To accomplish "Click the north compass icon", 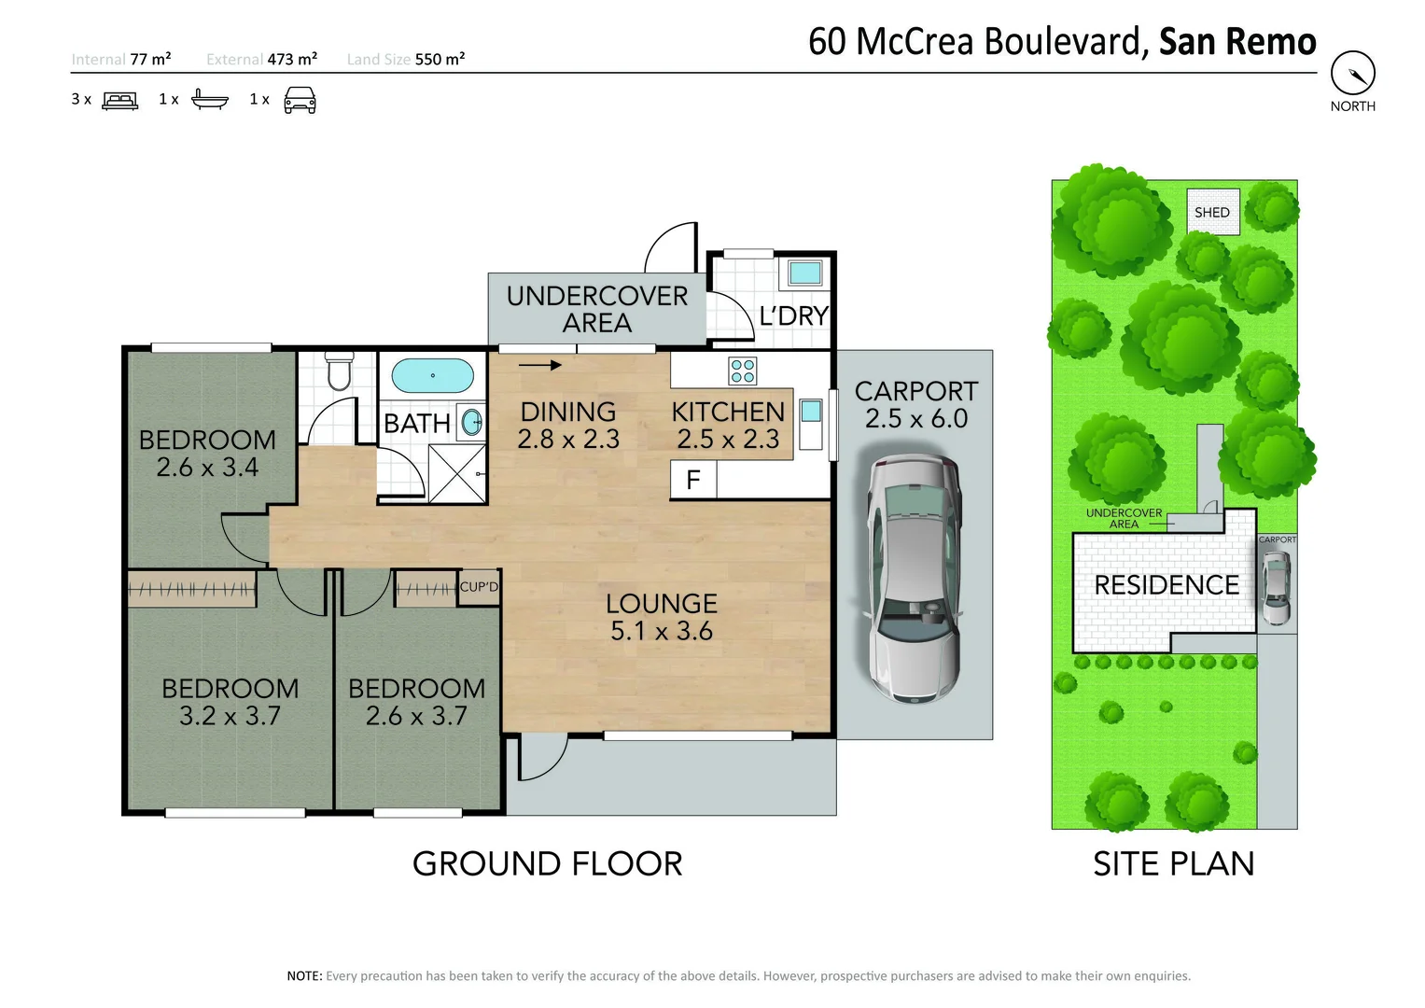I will pos(1352,73).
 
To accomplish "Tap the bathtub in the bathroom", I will pos(432,375).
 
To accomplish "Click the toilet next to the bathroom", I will pos(339,371).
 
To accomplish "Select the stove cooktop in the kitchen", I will pos(743,371).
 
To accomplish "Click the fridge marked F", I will pos(693,480).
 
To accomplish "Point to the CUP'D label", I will pos(479,587).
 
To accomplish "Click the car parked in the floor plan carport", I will pos(914,579).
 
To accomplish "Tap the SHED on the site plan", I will pos(1212,212).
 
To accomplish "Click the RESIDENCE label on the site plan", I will pos(1167,585).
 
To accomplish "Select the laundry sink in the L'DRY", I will pos(804,273).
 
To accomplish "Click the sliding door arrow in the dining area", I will pos(540,365).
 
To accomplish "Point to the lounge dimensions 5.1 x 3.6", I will pos(661,632).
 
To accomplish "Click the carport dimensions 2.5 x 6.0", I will pos(915,419).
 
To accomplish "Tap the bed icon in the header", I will pos(119,100).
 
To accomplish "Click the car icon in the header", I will pos(300,100).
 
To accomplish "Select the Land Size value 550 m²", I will pos(440,59).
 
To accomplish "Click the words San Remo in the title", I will pos(1236,42).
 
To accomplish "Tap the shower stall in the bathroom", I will pos(456,473).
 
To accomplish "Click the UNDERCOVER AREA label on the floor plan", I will pos(596,309).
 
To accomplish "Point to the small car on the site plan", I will pos(1276,588).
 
